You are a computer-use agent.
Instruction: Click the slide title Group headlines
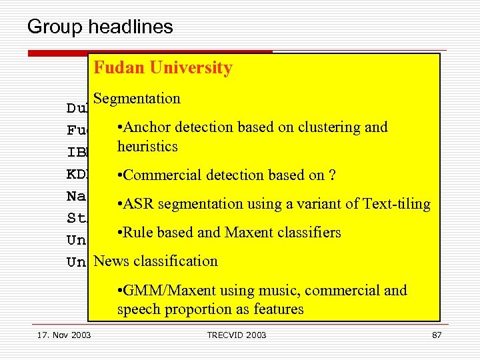pos(100,27)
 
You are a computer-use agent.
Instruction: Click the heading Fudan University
pos(163,68)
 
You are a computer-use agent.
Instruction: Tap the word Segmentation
pos(137,99)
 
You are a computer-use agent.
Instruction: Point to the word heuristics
pos(147,147)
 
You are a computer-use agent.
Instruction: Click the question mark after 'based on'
pos(331,175)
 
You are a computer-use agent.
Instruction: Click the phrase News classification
pos(156,261)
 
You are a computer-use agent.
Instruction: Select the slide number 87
pos(437,335)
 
